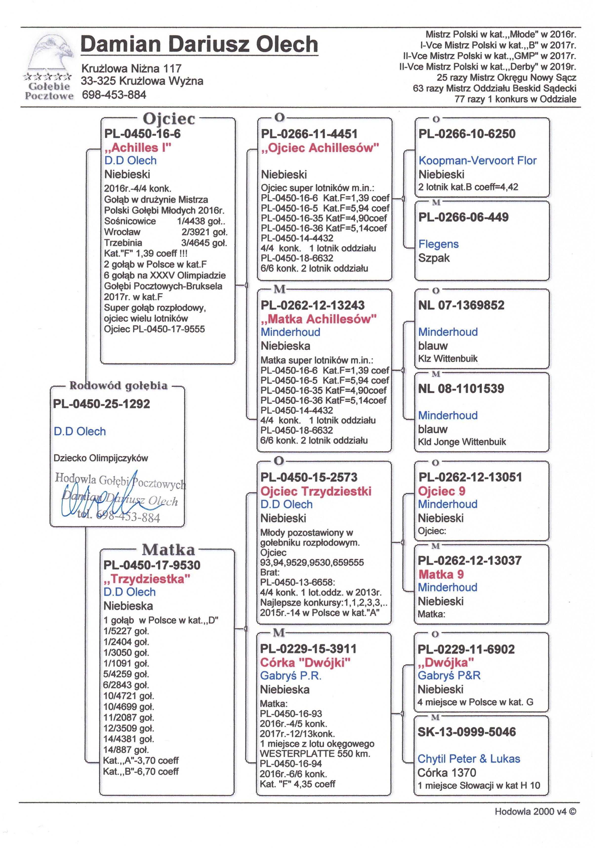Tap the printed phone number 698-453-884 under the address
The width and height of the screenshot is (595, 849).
(114, 95)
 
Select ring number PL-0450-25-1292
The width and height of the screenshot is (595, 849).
(102, 404)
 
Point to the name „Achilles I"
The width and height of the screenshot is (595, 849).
(138, 148)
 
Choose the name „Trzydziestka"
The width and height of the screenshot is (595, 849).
(147, 579)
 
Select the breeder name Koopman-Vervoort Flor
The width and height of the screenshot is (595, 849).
(477, 160)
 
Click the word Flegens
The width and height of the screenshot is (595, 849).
(438, 244)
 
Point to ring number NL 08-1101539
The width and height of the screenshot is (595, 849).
(461, 389)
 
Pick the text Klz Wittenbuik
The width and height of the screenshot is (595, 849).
(448, 358)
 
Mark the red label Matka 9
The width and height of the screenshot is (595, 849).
(441, 574)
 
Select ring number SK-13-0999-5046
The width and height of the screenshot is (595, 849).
(466, 732)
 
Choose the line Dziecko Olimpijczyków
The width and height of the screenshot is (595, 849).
(101, 458)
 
